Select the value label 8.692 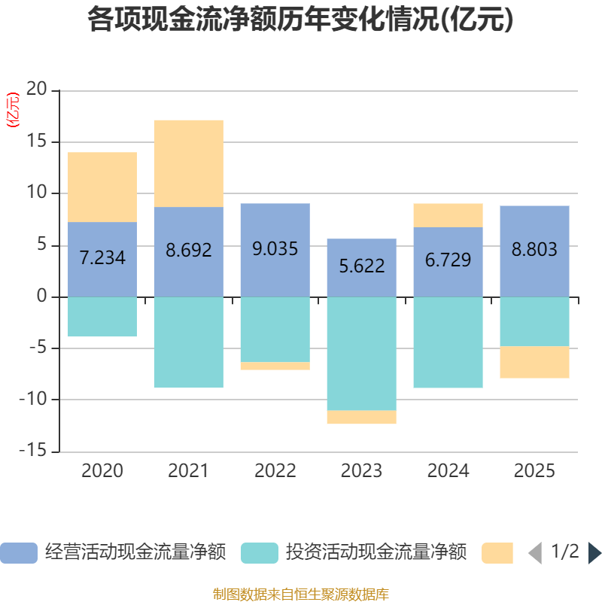(189, 250)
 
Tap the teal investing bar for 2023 (362, 354)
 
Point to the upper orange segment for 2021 (189, 163)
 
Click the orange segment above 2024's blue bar (448, 215)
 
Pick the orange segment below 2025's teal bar (535, 362)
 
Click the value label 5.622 (362, 266)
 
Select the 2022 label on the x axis (275, 471)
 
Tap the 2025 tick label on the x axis (535, 471)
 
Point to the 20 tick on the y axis (37, 90)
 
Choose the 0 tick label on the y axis (42, 296)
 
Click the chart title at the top (301, 20)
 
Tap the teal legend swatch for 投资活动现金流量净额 (260, 553)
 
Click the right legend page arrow (594, 553)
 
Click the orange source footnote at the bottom (301, 594)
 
